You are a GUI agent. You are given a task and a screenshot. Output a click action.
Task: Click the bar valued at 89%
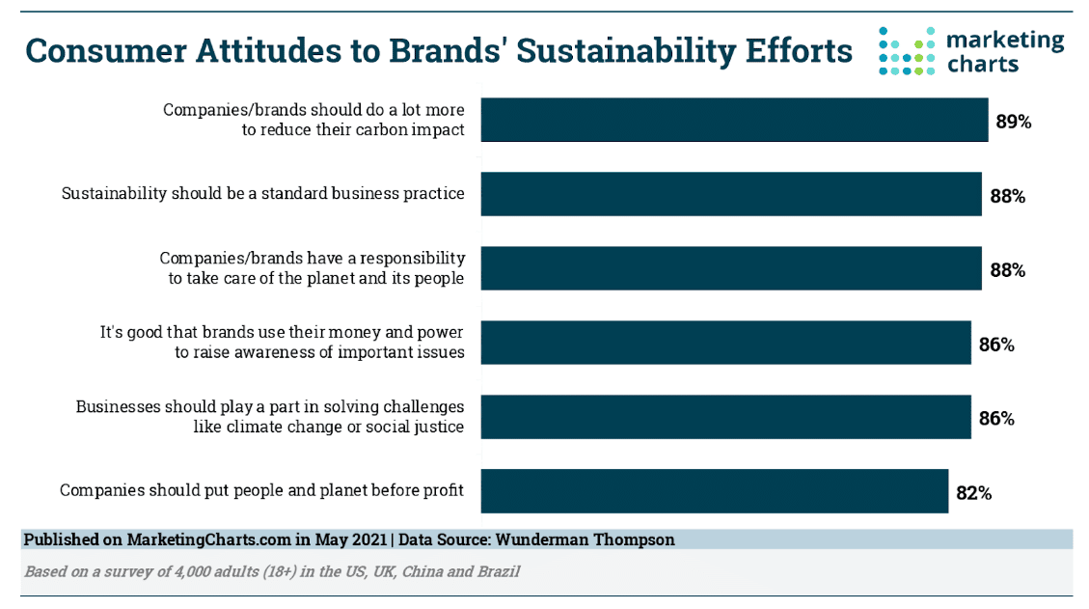(734, 120)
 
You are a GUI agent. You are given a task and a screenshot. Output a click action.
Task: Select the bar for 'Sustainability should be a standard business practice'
(731, 194)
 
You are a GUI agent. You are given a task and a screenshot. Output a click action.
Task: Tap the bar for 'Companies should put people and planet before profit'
(715, 491)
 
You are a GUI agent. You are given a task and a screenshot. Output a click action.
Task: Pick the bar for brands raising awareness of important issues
(725, 342)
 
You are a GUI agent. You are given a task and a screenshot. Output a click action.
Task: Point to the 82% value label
(973, 493)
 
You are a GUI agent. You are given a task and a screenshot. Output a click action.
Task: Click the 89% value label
(1014, 122)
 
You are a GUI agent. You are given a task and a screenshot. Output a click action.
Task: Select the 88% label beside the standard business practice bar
(1008, 196)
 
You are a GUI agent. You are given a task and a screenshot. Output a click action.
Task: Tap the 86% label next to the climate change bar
(996, 419)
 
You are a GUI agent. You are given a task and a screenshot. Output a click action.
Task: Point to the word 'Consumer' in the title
(106, 51)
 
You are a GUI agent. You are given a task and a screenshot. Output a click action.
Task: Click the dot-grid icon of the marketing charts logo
(907, 51)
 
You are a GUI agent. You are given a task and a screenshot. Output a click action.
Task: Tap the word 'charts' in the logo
(983, 65)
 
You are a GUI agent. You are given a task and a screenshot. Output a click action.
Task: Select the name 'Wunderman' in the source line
(538, 540)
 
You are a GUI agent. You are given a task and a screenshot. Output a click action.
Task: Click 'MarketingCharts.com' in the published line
(208, 540)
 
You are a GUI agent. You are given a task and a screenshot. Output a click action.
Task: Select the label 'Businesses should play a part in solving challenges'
(269, 406)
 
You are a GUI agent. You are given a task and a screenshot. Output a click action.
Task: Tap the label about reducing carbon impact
(313, 120)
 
